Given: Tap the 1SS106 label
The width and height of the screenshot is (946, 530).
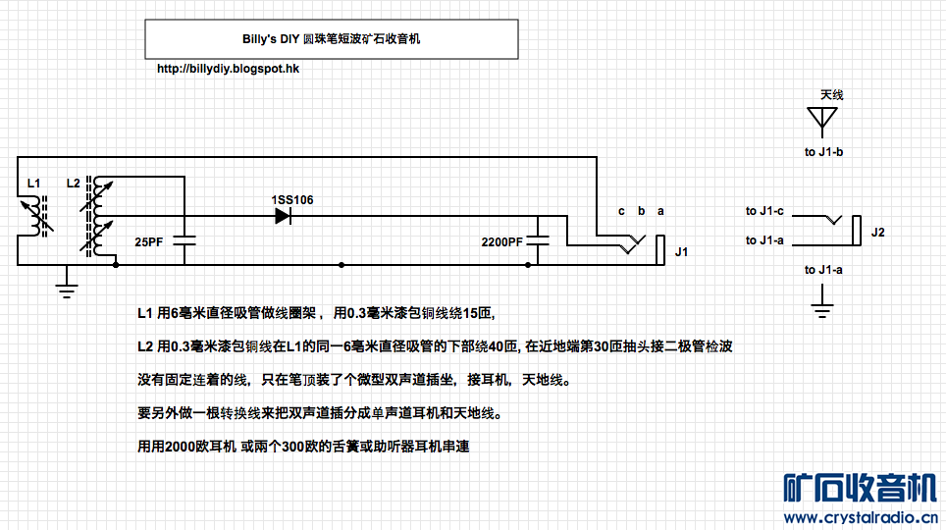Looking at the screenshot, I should (x=292, y=200).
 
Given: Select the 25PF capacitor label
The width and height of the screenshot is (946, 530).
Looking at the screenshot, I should (x=148, y=241).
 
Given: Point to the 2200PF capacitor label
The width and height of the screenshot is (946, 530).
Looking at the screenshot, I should (x=501, y=241).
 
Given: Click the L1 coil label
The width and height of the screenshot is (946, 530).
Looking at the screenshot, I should (x=33, y=183).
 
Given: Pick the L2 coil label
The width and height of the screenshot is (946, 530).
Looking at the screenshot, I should (x=73, y=183).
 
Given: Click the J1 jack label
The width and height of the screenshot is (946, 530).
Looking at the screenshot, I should (x=682, y=252).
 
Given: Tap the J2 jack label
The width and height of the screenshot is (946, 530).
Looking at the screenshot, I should (x=877, y=233).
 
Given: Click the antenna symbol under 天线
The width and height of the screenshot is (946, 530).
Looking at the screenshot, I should (x=822, y=121).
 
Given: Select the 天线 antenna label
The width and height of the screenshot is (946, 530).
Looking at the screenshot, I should (x=831, y=95).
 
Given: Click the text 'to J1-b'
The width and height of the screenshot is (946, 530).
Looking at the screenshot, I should (x=824, y=152).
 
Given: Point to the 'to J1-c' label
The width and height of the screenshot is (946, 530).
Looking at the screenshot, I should (x=764, y=211).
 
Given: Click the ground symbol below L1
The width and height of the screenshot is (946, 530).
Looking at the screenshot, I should (x=67, y=287).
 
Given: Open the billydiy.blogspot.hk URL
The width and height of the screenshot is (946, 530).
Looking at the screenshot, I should (x=229, y=70).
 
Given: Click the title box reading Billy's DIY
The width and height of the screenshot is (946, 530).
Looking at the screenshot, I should (x=332, y=39).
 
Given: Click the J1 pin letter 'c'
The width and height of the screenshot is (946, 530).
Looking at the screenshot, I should (x=621, y=211).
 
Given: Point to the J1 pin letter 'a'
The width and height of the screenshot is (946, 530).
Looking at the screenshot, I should (x=659, y=211).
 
